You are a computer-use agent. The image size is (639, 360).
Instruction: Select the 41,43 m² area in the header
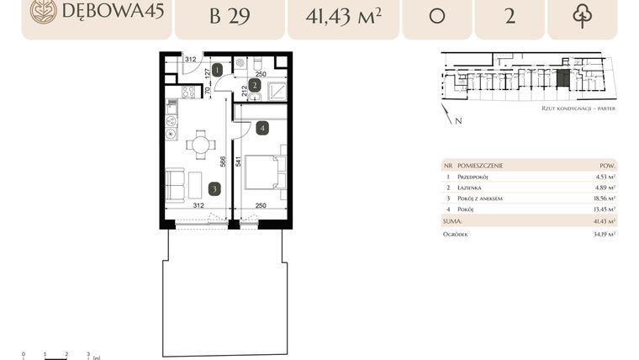(x=341, y=16)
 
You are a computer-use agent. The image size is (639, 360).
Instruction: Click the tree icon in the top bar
(x=582, y=16)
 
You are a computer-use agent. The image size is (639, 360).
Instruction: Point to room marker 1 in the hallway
(x=217, y=71)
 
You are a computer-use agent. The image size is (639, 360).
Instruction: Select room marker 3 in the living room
(x=215, y=189)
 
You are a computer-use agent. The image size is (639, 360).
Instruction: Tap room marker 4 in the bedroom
(x=263, y=129)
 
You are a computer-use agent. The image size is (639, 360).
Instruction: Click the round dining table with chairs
(x=200, y=145)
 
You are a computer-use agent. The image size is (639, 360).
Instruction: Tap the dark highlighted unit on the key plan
(x=562, y=80)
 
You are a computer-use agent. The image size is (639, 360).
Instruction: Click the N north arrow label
(x=457, y=121)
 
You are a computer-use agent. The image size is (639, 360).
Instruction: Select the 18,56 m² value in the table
(x=604, y=199)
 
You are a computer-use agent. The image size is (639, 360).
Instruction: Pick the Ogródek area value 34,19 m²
(x=603, y=235)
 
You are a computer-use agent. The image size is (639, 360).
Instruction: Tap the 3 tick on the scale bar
(x=88, y=354)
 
